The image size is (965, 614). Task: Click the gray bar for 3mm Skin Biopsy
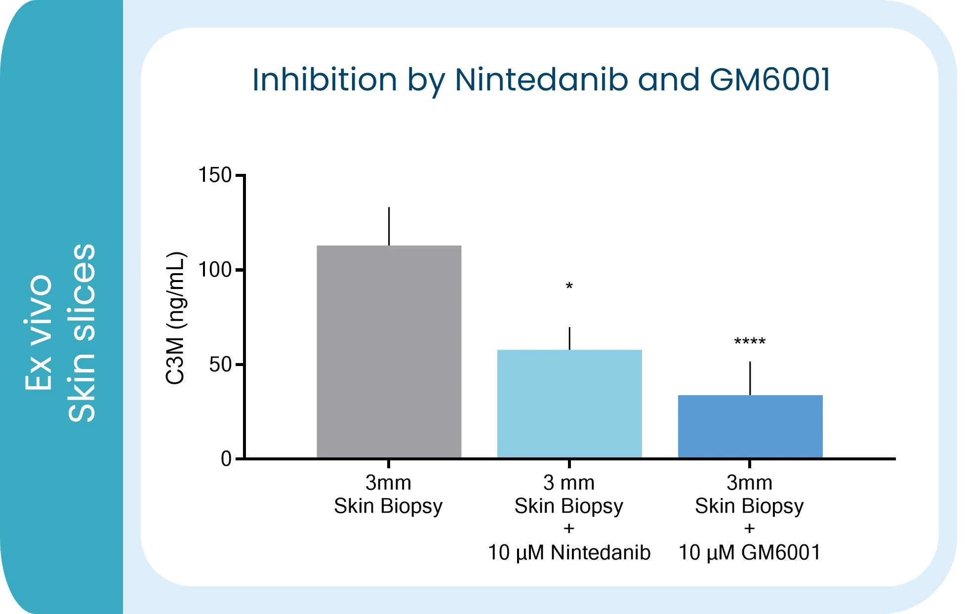pos(389,352)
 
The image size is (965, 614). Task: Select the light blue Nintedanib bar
pos(569,404)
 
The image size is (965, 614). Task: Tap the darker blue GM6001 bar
pos(750,427)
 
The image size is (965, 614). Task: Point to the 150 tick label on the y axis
pos(215,175)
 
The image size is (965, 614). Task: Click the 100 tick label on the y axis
pos(215,270)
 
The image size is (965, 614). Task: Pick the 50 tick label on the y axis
pos(220,365)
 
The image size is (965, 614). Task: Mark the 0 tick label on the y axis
pos(226,459)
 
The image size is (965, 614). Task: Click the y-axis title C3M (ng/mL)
pos(175,318)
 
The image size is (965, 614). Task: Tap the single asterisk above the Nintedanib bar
pos(569,286)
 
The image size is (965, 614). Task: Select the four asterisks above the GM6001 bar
pos(750,341)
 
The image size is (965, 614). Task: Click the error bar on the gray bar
pos(389,226)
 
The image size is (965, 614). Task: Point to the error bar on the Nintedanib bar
pos(569,338)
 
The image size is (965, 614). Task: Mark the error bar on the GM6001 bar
pos(750,378)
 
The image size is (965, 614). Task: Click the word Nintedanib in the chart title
pos(541,80)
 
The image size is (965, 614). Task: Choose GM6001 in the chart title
pos(770,80)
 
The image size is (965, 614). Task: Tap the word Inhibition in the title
pos(324,80)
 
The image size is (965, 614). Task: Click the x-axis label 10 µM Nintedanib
pos(569,552)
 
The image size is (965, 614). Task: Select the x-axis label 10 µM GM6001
pos(750,552)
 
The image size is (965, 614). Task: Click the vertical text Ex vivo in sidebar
pos(39,332)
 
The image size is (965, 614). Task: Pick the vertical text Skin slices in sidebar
pos(81,333)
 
